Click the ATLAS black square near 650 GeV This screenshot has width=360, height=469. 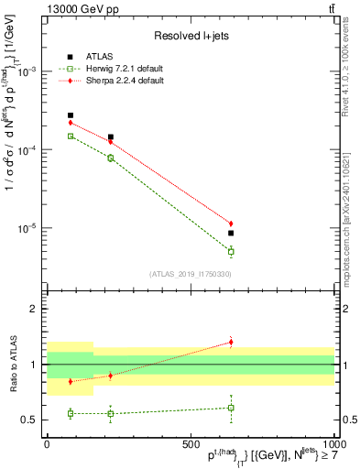click(x=231, y=234)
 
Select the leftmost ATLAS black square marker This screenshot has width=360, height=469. click(x=71, y=115)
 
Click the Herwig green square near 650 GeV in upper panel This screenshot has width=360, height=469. click(x=231, y=251)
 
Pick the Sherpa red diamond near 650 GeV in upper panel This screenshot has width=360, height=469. click(x=231, y=224)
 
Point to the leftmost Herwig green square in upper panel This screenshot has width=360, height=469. click(x=71, y=136)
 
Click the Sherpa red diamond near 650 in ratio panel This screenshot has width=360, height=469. click(x=231, y=343)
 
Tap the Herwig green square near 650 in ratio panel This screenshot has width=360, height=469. click(x=231, y=408)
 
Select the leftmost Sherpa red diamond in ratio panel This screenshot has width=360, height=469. click(x=71, y=382)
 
